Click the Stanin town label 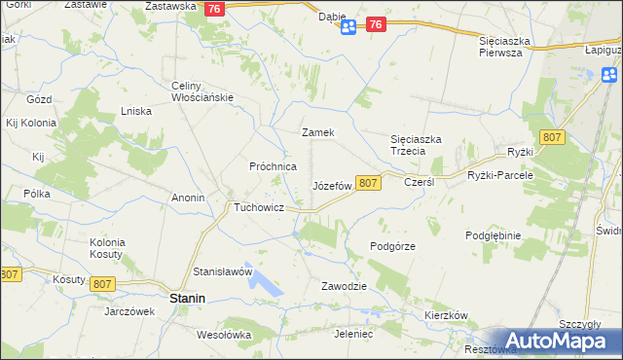point(186,299)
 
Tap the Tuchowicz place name point(258,207)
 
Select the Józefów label point(331,185)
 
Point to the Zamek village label point(318,132)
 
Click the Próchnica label point(273,166)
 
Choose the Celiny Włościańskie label point(200,91)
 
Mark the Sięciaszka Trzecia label point(416,145)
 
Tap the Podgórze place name point(393,246)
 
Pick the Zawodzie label point(344,286)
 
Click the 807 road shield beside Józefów point(367,183)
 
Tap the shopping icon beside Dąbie point(348,29)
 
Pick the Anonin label point(188,198)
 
